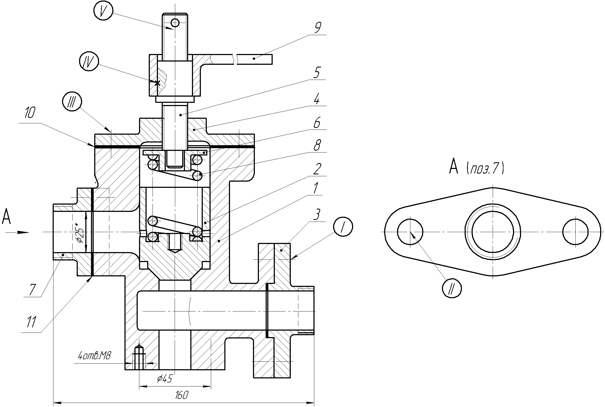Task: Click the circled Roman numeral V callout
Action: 103,11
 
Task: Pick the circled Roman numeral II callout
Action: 452,288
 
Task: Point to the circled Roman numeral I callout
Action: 343,227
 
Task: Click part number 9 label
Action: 317,27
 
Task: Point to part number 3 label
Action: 317,215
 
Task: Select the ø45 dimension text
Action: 164,379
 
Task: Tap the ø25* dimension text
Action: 80,232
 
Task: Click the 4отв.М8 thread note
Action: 94,356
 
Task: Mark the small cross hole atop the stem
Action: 175,23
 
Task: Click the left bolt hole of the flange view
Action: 410,232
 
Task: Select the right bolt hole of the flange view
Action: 575,232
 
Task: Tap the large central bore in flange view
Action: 493,232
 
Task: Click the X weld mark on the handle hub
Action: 157,83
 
